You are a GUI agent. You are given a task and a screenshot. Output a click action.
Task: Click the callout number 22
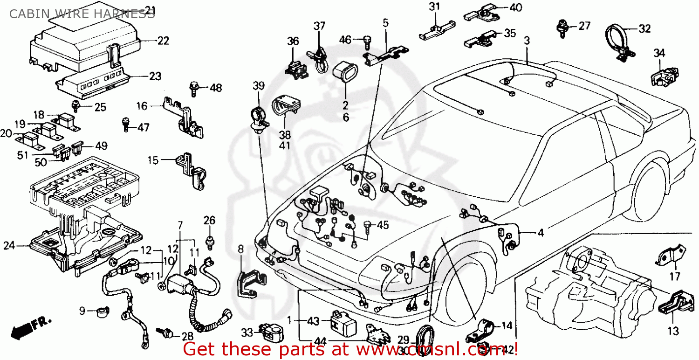click(x=163, y=41)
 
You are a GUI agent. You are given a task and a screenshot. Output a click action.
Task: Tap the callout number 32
click(x=644, y=29)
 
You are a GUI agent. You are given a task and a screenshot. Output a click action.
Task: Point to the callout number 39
click(x=259, y=86)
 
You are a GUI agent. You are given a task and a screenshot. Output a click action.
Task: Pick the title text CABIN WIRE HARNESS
click(x=82, y=14)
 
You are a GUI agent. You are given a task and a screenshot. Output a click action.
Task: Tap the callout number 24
click(x=9, y=246)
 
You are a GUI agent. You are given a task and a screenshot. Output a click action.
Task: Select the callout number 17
click(x=675, y=277)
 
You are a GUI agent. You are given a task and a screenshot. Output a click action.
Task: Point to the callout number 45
click(x=382, y=225)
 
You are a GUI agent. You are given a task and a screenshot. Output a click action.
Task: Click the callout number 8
click(x=240, y=249)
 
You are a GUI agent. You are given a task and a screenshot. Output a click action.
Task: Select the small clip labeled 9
click(x=101, y=311)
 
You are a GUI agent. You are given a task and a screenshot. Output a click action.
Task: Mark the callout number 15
click(x=153, y=160)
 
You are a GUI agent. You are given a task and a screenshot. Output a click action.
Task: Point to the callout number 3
click(x=527, y=41)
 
